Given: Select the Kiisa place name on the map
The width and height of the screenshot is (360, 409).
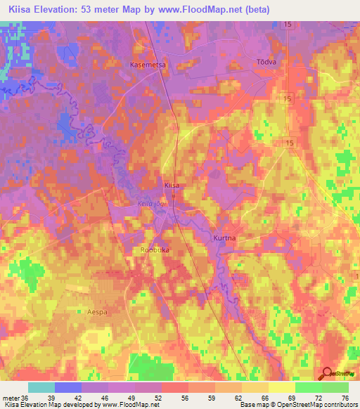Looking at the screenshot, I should pos(172,185).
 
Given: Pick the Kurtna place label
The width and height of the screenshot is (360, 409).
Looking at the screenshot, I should pos(224,238).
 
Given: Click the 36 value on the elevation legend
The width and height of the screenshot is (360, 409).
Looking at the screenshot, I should pos(25,397).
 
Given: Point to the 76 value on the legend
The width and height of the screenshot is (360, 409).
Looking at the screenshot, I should pos(344,397).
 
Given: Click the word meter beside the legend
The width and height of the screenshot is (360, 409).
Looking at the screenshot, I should pos(10,397).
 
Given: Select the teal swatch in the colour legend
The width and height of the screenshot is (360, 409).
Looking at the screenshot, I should pos(41,387).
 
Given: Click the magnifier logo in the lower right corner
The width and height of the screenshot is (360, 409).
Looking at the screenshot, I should pos(328,374).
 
